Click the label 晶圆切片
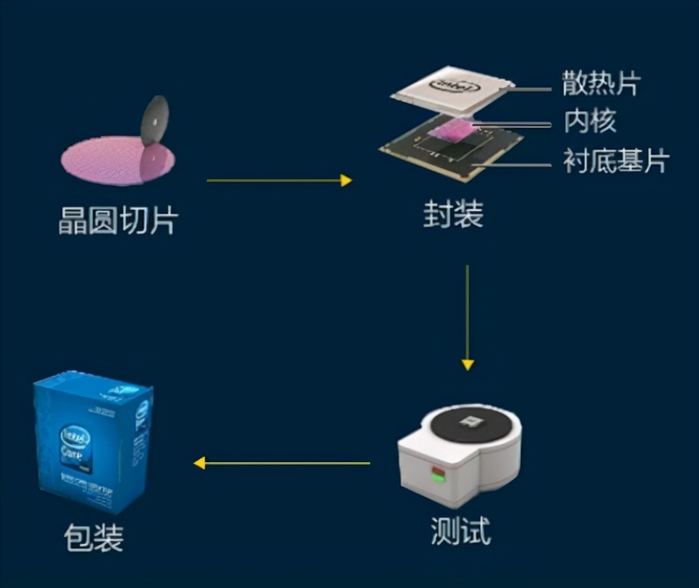click(118, 221)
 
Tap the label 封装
click(453, 216)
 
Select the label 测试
click(460, 530)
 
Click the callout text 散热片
click(601, 84)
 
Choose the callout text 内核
click(590, 122)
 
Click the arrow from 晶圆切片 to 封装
click(279, 180)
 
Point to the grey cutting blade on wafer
click(155, 120)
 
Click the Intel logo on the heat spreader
click(454, 87)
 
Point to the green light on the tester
click(436, 479)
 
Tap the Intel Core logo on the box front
click(76, 440)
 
